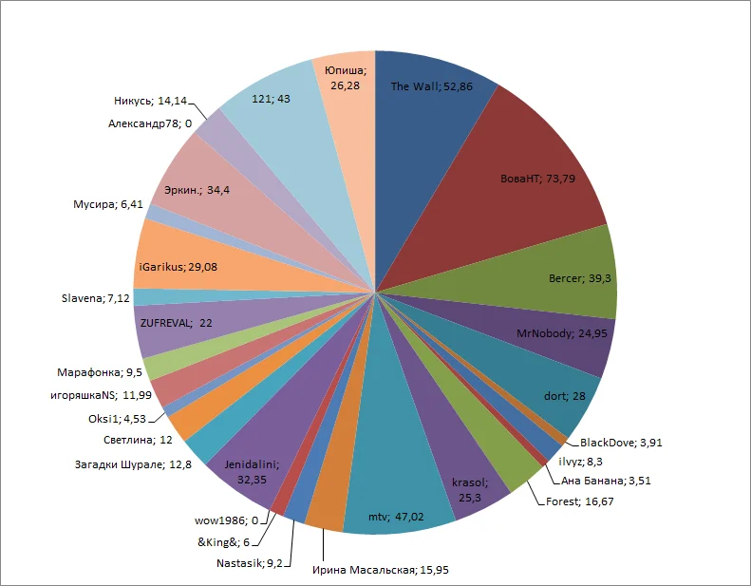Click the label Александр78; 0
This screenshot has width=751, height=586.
[150, 123]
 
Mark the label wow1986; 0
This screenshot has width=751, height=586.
[226, 520]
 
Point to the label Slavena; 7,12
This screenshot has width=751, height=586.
[94, 297]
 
